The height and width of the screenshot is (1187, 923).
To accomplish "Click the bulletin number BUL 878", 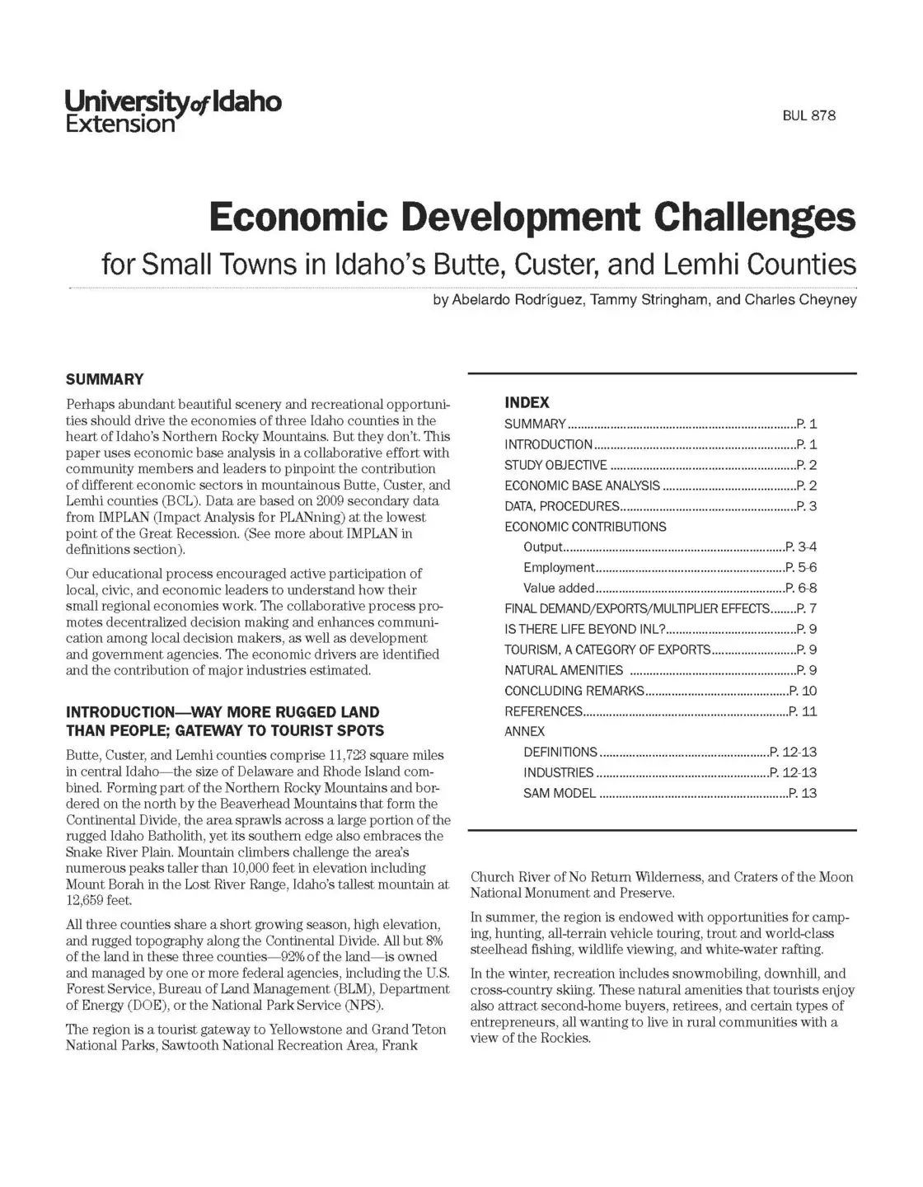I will (808, 116).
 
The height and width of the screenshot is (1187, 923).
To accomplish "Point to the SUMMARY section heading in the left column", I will (105, 380).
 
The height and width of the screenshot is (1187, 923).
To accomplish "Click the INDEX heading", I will (527, 403).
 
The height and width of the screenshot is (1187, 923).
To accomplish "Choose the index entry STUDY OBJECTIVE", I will (555, 466).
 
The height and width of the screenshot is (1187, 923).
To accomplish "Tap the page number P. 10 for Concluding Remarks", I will (803, 691).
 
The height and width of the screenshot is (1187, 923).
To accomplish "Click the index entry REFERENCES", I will (543, 711).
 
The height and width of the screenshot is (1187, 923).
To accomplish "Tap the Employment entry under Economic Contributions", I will (559, 568).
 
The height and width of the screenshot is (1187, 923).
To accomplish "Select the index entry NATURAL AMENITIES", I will (564, 671).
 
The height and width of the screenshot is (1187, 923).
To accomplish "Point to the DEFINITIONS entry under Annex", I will (560, 753).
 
